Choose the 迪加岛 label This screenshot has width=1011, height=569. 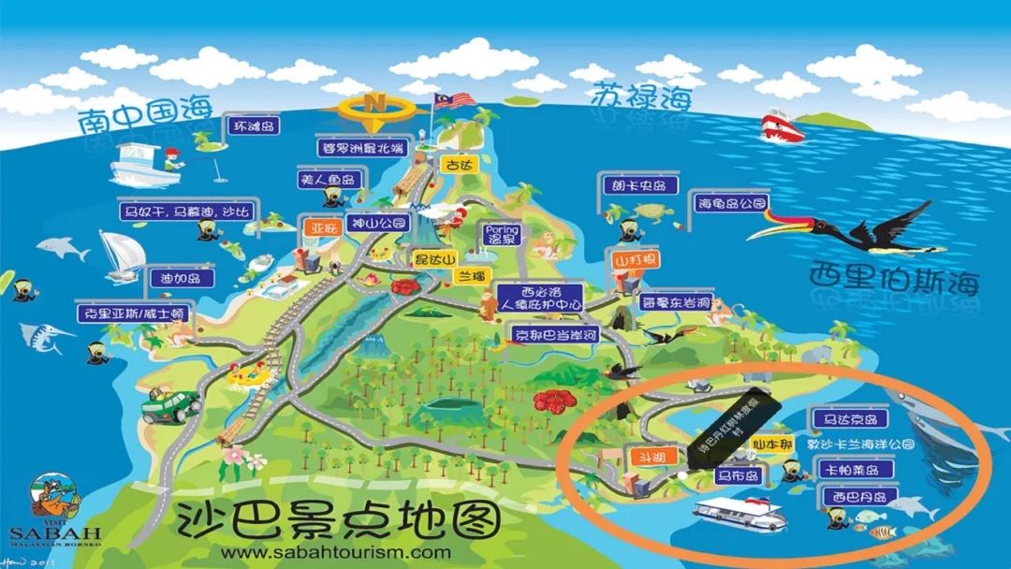182,278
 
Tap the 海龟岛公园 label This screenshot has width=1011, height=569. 729,202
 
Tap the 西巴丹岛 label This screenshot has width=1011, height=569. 853,496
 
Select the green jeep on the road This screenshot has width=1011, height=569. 169,404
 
